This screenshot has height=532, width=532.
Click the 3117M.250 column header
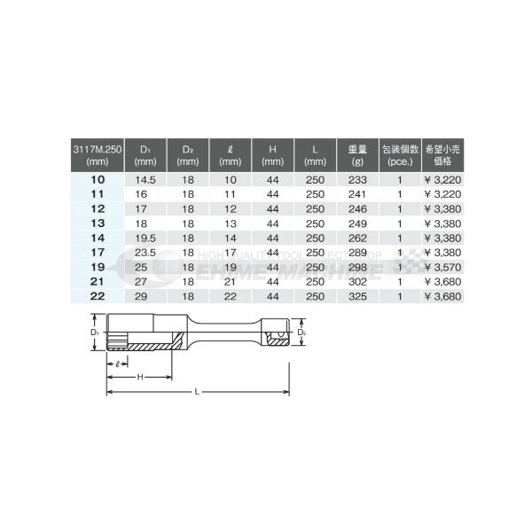94,153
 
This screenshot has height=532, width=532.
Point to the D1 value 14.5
145,178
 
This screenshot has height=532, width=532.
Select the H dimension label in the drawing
139,377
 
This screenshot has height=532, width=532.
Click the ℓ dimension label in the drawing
117,364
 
